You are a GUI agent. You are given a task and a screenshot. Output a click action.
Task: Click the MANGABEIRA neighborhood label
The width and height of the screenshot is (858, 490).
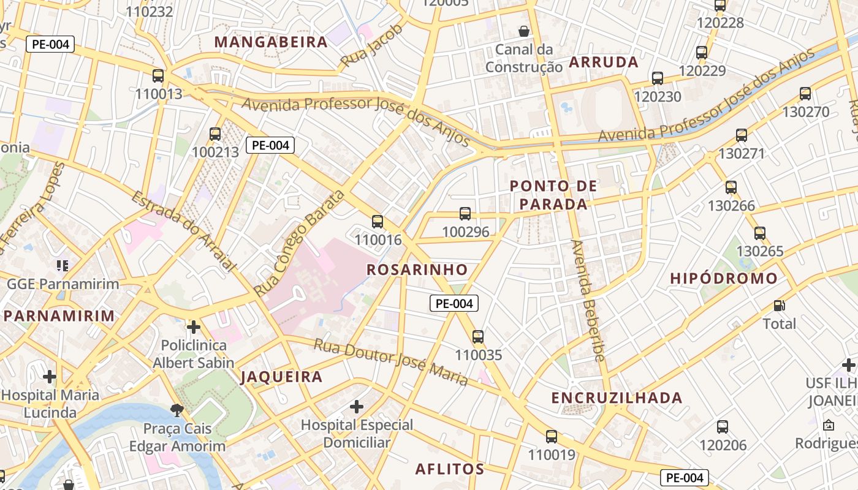click(x=271, y=42)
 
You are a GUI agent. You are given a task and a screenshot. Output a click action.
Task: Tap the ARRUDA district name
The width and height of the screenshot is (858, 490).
click(x=604, y=62)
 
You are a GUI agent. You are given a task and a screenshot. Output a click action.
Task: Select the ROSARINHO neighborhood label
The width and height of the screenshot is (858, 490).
click(x=417, y=269)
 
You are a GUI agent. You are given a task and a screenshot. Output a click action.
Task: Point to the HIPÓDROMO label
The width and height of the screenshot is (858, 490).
click(x=723, y=279)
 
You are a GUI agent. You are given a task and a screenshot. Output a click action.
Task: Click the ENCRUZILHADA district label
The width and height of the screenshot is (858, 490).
click(x=617, y=398)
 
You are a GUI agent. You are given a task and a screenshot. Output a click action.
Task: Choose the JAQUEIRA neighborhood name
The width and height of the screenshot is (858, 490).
click(x=281, y=377)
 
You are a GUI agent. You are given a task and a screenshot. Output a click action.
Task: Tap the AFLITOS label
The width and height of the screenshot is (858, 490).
click(x=450, y=469)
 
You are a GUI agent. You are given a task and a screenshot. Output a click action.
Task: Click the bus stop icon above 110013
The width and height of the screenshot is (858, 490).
click(x=158, y=76)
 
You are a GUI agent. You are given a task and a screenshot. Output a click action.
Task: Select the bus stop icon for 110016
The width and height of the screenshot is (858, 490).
click(x=378, y=222)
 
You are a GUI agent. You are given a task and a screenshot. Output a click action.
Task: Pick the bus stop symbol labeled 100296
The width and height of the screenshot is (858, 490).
click(x=465, y=214)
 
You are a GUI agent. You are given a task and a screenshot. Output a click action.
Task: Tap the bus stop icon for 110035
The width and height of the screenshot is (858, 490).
click(x=478, y=336)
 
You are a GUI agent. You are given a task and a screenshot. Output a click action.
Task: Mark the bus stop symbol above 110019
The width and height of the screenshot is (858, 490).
click(x=552, y=437)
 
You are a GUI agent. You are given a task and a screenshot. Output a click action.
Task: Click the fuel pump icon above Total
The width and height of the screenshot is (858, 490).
click(x=779, y=305)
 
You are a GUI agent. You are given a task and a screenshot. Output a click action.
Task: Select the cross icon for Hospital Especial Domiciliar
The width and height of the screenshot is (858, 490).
click(x=357, y=407)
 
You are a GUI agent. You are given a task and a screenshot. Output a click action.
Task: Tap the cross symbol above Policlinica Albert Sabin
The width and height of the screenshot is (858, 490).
click(x=194, y=327)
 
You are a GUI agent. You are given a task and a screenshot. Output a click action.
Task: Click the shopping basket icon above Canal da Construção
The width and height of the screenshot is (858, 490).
click(x=524, y=31)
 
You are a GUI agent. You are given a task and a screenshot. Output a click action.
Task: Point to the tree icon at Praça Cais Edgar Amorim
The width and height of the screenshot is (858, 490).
click(x=177, y=410)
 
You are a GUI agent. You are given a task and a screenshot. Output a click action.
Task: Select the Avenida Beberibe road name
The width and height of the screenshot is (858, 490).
click(x=588, y=300)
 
